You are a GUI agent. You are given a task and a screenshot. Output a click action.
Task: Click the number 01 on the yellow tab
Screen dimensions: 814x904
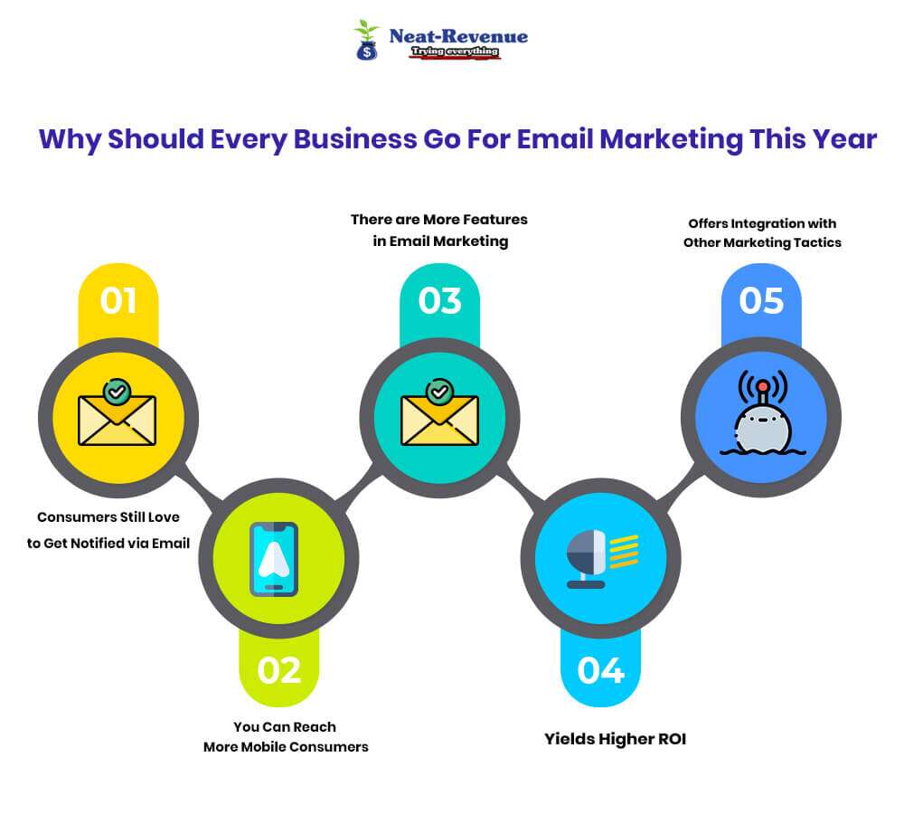[118, 300]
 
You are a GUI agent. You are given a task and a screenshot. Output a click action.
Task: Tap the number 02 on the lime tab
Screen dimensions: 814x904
[278, 670]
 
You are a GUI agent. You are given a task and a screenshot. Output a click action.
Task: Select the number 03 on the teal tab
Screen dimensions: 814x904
[439, 300]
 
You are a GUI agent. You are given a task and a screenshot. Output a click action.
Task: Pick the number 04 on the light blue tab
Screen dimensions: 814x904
[600, 670]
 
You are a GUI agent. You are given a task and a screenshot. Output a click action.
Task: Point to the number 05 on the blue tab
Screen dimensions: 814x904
[761, 300]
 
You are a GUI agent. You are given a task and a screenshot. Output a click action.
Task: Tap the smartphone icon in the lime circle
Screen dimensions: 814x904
[274, 559]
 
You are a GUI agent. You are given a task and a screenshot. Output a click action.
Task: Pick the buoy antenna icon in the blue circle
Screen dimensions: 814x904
[761, 414]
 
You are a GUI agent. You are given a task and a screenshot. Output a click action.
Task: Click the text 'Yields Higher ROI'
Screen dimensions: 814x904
[615, 739]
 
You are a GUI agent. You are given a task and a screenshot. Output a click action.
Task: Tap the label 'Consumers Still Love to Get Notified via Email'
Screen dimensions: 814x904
[108, 530]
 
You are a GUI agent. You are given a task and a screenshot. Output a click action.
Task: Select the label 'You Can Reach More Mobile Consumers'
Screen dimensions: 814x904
[285, 736]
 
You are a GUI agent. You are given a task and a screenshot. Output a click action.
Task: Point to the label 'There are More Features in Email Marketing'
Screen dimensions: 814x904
[439, 230]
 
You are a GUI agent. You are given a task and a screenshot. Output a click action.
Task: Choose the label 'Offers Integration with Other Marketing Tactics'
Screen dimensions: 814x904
[762, 232]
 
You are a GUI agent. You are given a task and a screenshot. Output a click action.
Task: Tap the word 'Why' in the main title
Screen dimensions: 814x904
[69, 140]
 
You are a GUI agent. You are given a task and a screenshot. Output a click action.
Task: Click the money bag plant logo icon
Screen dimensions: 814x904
[366, 41]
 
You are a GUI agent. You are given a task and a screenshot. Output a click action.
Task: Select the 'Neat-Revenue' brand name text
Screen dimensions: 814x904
[458, 36]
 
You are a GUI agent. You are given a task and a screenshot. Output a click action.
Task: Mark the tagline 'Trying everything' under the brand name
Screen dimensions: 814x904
[455, 52]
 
